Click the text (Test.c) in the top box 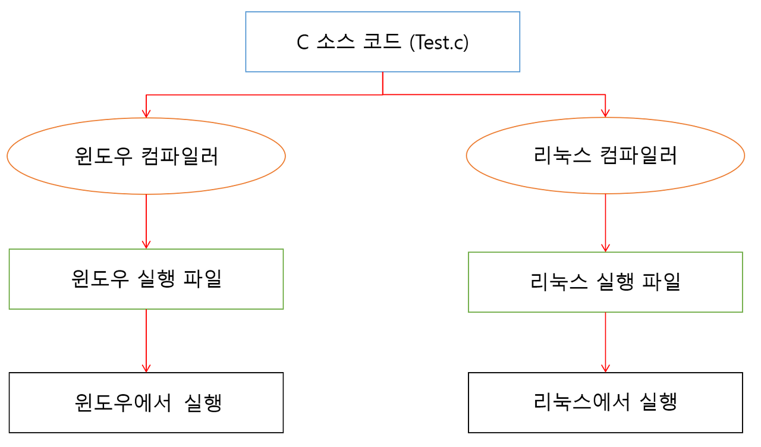coord(439,43)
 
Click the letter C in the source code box coord(303,43)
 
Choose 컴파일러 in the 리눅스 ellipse coord(639,156)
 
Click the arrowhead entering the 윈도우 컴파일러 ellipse coord(146,114)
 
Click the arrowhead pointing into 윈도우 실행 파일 coord(146,244)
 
